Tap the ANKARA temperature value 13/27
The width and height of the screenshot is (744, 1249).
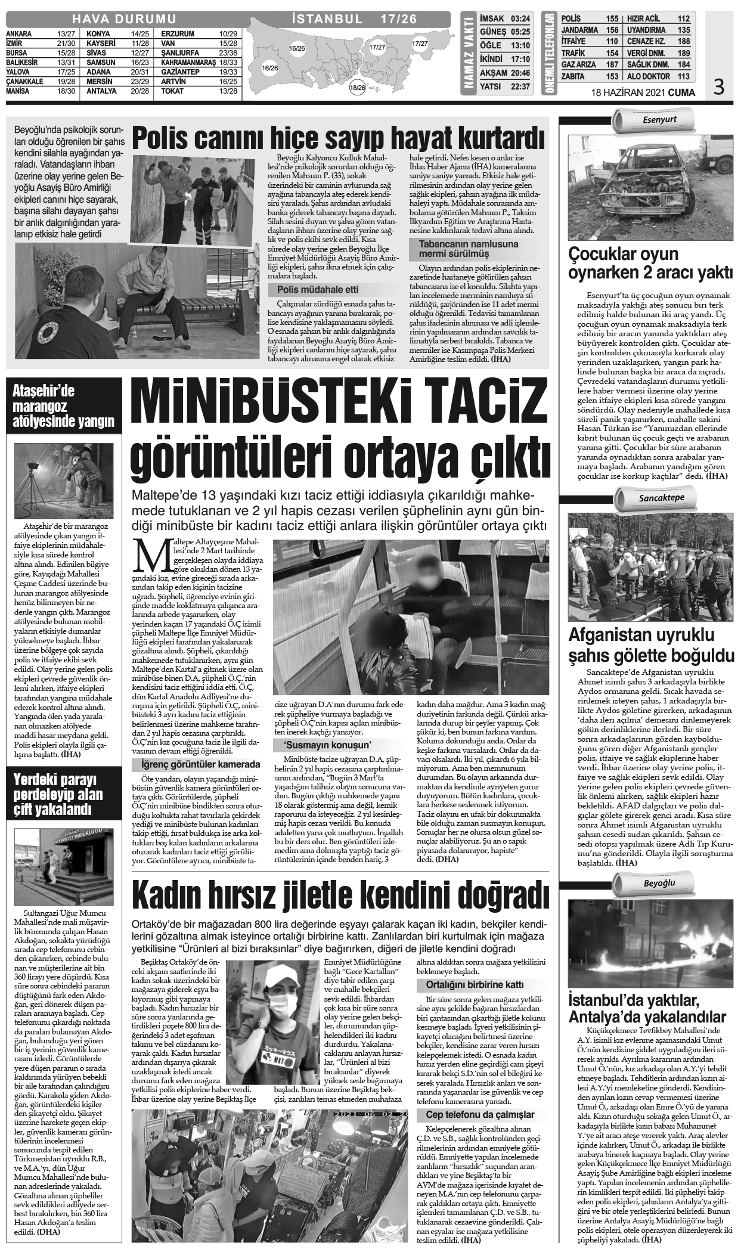[66, 34]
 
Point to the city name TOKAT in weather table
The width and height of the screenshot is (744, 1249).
[172, 91]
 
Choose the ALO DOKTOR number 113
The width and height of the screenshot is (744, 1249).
[683, 76]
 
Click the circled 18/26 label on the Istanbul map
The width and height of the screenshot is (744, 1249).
[358, 88]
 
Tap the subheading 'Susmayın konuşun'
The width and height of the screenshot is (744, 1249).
[320, 745]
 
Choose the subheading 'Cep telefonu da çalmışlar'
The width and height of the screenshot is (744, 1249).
[480, 1115]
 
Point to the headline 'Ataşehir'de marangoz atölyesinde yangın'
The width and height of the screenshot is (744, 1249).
[63, 407]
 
